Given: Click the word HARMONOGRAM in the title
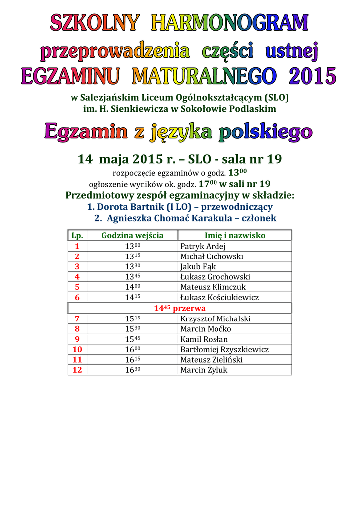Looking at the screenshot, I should click(x=230, y=23).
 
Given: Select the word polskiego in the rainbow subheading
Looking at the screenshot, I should click(x=266, y=132).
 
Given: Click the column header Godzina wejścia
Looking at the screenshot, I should click(x=132, y=235).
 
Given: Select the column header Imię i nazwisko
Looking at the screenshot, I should click(x=235, y=235).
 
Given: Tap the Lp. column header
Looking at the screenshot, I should click(x=77, y=235).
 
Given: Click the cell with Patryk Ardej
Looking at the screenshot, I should click(x=203, y=246).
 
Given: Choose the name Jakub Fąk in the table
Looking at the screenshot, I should click(x=198, y=266).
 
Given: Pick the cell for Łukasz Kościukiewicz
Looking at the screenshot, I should click(x=219, y=297).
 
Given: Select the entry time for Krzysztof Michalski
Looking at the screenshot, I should click(x=132, y=318).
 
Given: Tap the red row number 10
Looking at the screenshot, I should click(x=77, y=349).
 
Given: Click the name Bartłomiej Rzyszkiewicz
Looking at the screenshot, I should click(x=224, y=349).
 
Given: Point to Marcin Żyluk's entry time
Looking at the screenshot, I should click(x=132, y=370).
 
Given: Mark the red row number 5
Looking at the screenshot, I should click(x=77, y=287).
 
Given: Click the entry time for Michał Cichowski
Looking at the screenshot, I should click(x=132, y=256).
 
